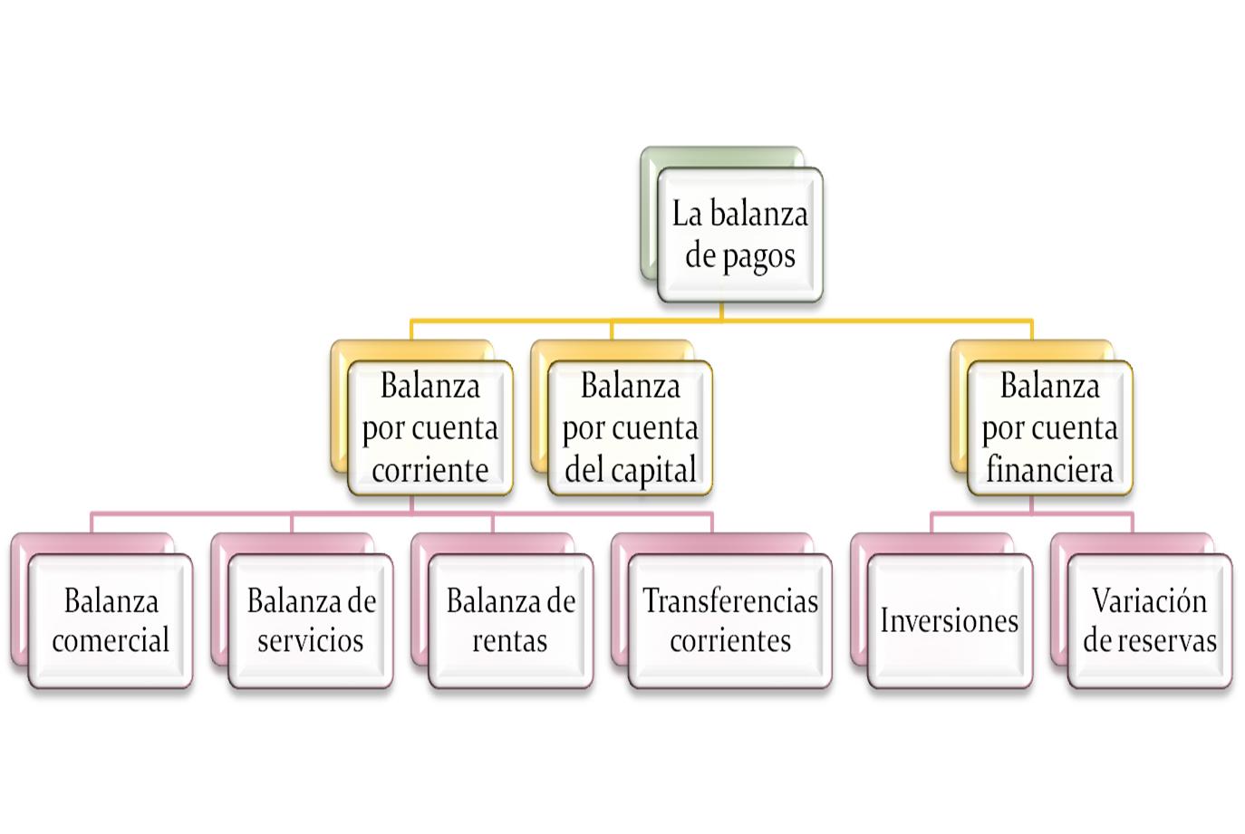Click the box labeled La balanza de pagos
739,235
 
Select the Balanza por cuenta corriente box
429,427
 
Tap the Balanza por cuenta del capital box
630,427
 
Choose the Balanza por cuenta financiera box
1049,427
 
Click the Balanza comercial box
111,620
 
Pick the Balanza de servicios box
311,620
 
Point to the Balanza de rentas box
510,620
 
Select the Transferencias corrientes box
729,620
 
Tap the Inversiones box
949,620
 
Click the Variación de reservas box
1149,620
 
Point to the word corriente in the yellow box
429,470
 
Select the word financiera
1049,470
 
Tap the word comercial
111,640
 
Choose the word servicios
311,640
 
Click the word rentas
510,640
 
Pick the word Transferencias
730,600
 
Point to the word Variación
1149,600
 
